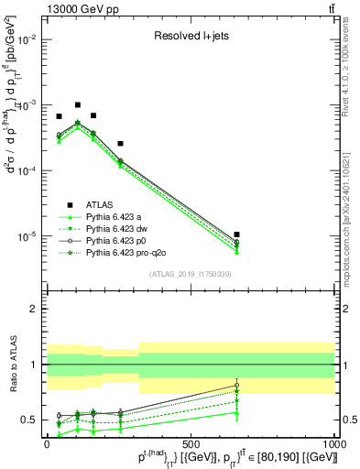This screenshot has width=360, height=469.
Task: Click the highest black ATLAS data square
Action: coord(78,105)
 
